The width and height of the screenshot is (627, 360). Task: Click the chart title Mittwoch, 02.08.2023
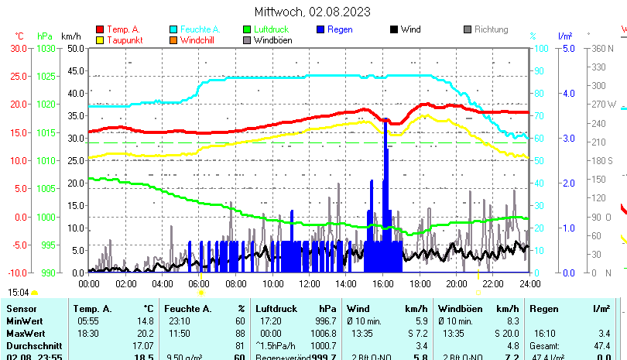point(312,12)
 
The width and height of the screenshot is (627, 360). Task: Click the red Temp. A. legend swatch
point(100,29)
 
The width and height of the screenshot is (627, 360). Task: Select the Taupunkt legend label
point(123,40)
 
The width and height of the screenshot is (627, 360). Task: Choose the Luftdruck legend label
point(274,29)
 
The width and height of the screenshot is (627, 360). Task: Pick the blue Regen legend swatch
point(321,29)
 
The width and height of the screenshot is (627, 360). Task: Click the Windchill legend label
point(200,40)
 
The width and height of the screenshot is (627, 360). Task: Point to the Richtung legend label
point(491,29)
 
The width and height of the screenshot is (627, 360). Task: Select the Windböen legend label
point(272,40)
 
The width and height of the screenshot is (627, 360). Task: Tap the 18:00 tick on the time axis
point(420,283)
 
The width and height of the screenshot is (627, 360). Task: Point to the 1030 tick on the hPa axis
point(46,48)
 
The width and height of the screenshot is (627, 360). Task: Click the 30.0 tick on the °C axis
point(19,48)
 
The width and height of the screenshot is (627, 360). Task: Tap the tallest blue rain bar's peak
point(385,122)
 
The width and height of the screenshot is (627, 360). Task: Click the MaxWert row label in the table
point(25,332)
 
